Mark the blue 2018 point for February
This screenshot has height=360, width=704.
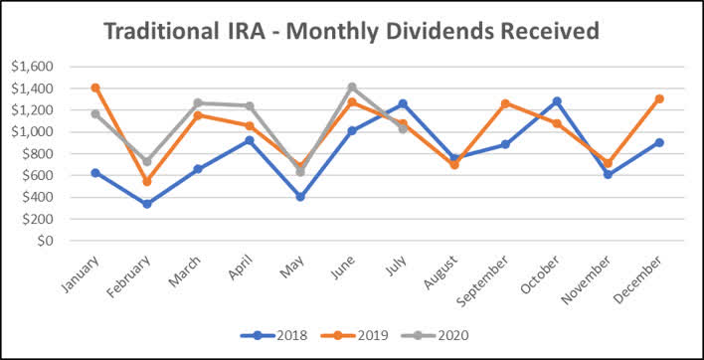pyautogui.click(x=147, y=204)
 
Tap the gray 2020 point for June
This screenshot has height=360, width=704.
pyautogui.click(x=351, y=87)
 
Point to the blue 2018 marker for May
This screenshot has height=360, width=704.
pyautogui.click(x=300, y=197)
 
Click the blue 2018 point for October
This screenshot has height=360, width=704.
pyautogui.click(x=556, y=101)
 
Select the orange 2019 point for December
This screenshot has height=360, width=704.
pyautogui.click(x=658, y=98)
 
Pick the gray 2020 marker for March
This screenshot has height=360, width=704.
pyautogui.click(x=198, y=102)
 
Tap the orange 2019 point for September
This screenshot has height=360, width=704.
pyautogui.click(x=505, y=103)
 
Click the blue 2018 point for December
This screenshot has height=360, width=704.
pyautogui.click(x=658, y=142)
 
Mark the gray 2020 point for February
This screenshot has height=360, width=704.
pyautogui.click(x=147, y=161)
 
